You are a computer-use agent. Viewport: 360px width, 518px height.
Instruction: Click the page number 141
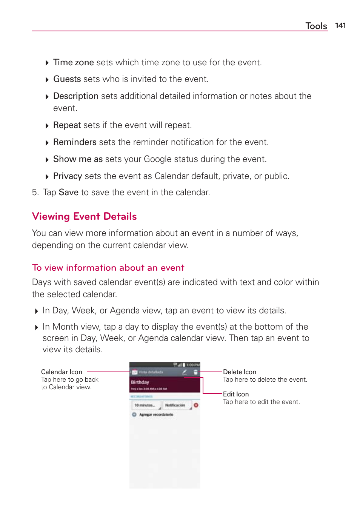(340, 25)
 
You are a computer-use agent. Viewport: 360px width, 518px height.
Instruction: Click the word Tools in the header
(316, 26)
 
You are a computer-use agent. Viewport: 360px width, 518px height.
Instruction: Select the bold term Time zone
(73, 62)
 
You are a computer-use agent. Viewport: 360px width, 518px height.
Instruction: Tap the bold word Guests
(67, 79)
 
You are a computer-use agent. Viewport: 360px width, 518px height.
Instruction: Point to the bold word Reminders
(75, 142)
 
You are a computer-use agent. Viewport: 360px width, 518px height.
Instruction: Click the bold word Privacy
(68, 176)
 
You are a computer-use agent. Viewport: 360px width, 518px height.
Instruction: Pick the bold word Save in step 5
(68, 192)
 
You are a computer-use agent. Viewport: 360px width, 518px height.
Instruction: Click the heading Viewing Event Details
(84, 216)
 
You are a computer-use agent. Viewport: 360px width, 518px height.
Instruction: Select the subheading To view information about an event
(108, 268)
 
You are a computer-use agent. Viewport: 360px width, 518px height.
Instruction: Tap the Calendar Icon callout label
(62, 372)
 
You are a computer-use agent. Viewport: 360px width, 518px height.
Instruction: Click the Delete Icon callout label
(239, 372)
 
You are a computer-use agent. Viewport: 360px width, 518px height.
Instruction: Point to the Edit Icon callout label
(235, 394)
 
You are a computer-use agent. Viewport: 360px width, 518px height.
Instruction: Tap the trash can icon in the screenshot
(195, 372)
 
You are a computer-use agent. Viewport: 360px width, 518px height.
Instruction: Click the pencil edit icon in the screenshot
(185, 372)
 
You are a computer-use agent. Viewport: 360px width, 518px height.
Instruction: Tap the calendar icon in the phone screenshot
(134, 372)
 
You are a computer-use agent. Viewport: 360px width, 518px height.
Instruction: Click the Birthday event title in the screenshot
(140, 382)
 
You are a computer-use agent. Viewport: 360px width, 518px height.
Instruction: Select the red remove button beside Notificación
(196, 405)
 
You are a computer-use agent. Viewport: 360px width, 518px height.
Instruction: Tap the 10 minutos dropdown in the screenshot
(146, 405)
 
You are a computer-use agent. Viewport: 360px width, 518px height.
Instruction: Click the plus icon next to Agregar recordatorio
(134, 415)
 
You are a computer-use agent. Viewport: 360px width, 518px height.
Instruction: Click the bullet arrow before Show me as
(47, 160)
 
